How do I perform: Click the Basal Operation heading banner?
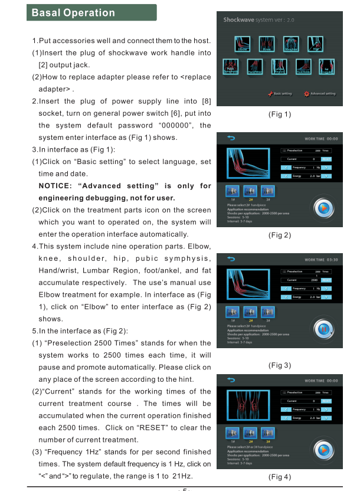(91, 13)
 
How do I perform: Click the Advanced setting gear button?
(319, 94)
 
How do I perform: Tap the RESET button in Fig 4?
(326, 401)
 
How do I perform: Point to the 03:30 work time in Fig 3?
(332, 259)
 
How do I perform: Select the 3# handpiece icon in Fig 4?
(267, 433)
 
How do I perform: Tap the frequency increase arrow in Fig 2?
(328, 168)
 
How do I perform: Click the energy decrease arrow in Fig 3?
(287, 297)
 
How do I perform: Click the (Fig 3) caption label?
(279, 366)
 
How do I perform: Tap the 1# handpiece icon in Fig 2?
(233, 191)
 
